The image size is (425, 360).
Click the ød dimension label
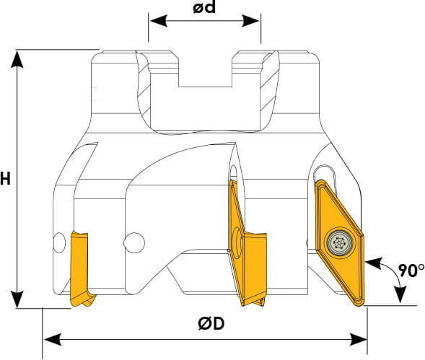click(204, 7)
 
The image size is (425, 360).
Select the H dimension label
click(5, 179)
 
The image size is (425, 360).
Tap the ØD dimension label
click(211, 324)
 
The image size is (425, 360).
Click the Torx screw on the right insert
click(340, 241)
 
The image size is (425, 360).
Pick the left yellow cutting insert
click(81, 269)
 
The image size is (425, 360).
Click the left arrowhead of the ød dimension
click(159, 21)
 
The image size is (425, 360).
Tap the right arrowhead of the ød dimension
click(250, 21)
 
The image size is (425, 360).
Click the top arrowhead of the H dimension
click(17, 59)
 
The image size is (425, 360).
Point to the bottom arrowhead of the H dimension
click(17, 299)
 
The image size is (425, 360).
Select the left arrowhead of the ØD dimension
click(53, 339)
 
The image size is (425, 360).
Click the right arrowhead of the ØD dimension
click(358, 339)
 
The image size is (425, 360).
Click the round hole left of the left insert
click(59, 242)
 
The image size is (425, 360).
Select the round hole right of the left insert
click(134, 242)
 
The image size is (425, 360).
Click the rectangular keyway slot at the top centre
click(205, 71)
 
